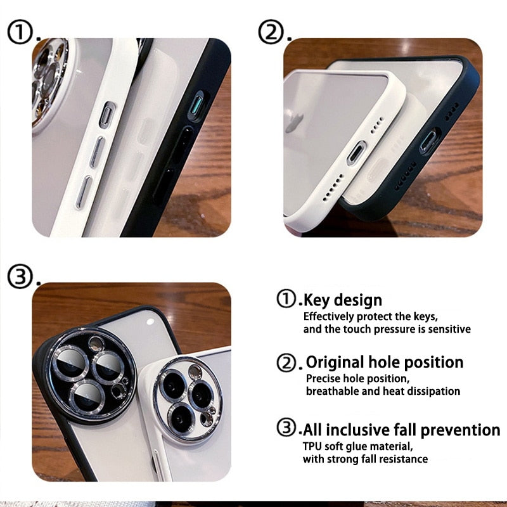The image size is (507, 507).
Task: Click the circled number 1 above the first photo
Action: click(20, 32)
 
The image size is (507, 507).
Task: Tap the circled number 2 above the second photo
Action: click(271, 32)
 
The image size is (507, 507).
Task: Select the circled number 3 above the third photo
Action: click(20, 276)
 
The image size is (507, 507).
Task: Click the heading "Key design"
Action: click(343, 300)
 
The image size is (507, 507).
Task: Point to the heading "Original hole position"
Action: click(385, 362)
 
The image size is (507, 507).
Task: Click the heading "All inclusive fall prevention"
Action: click(401, 430)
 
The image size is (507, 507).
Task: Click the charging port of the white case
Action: click(357, 153)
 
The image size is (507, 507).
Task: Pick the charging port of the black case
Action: click(430, 141)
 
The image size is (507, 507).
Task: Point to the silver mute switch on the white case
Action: click(108, 114)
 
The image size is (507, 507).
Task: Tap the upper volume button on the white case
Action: click(98, 151)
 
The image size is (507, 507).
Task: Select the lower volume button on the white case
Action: click(84, 192)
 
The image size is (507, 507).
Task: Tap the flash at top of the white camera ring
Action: click(195, 373)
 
